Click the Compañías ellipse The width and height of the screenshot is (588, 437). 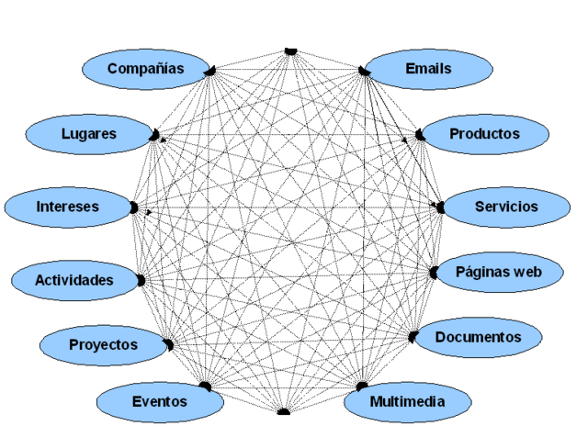coord(146,69)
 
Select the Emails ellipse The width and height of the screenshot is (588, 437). coord(428,69)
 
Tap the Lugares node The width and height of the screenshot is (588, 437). coord(89,134)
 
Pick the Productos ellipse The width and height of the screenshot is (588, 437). coord(484,134)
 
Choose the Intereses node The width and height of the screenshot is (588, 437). coord(68,207)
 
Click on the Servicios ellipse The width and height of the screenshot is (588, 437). coord(505,207)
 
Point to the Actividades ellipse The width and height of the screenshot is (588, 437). coord(74,280)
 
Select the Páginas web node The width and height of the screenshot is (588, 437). coord(499,273)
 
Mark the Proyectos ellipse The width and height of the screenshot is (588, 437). coord(104,345)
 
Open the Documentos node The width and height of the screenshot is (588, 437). coord(477,337)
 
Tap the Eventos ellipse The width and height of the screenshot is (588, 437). coord(159,402)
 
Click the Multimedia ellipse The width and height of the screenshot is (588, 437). coord(408,402)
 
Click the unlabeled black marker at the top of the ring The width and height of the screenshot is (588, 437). coord(291,50)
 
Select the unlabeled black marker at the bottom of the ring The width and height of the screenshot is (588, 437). coord(284,411)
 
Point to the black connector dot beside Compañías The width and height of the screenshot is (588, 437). coord(210,71)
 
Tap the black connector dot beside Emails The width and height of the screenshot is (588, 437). coord(365,71)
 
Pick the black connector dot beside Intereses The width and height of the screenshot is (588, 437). coord(134,208)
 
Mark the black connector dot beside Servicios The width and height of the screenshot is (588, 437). coord(440,207)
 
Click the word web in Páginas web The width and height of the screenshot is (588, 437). coord(525,273)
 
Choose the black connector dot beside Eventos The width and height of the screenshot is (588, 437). coord(206,387)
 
